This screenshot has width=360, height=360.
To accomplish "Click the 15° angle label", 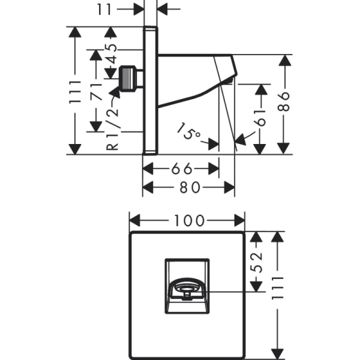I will click(189, 132).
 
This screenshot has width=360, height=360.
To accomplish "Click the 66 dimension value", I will click(180, 169).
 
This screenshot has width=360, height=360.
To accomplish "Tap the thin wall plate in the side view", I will click(151, 90).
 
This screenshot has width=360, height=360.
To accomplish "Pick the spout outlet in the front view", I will click(187, 292).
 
